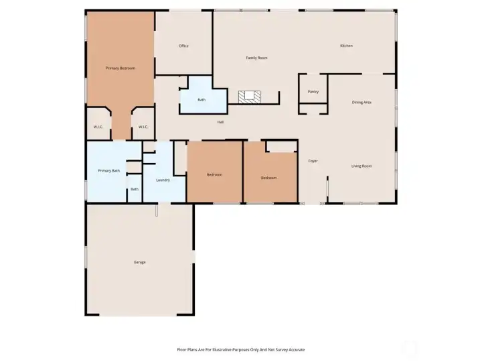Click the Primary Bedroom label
(x=120, y=68)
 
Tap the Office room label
(x=183, y=46)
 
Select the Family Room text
(x=256, y=58)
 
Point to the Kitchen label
(x=346, y=46)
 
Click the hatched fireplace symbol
(x=250, y=97)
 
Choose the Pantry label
(x=313, y=92)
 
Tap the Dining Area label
(x=361, y=103)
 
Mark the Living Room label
(x=361, y=166)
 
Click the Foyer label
(x=313, y=162)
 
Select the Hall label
(x=220, y=122)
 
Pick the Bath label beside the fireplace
(x=202, y=101)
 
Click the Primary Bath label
(x=109, y=172)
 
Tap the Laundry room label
(x=163, y=180)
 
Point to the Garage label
(x=139, y=262)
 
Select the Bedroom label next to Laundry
(x=214, y=175)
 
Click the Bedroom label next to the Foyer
(x=268, y=178)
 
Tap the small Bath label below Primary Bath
(x=135, y=190)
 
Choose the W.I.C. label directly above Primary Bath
(x=97, y=127)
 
